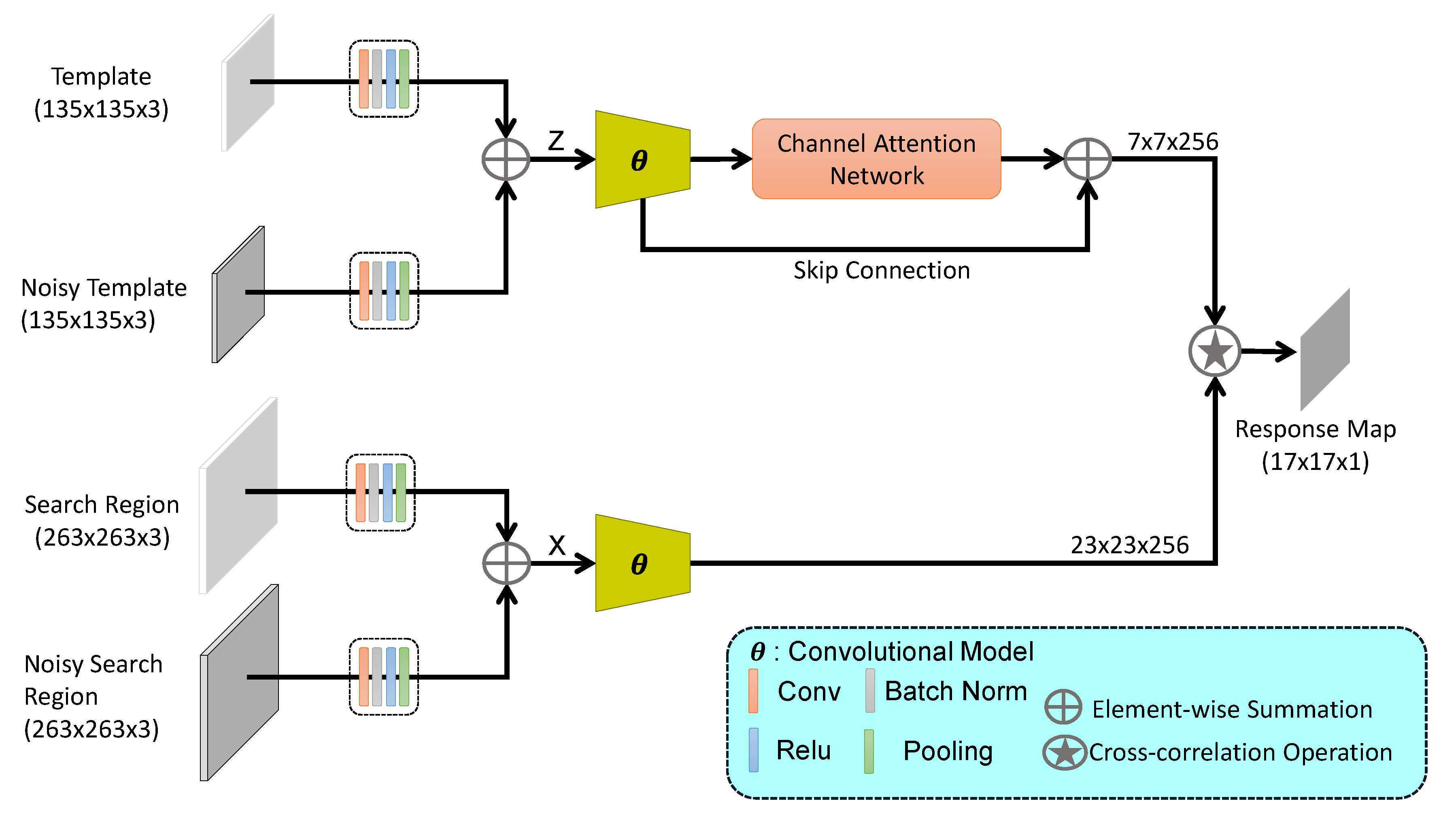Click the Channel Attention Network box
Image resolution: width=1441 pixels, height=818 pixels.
click(x=876, y=159)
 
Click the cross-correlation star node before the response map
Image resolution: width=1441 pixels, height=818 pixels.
click(x=1215, y=351)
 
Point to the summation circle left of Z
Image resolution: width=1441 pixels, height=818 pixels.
click(x=506, y=159)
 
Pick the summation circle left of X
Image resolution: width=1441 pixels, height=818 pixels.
click(x=506, y=563)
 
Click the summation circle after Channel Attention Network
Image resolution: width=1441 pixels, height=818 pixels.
click(x=1087, y=159)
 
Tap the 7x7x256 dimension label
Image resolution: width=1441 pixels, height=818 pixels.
click(x=1173, y=142)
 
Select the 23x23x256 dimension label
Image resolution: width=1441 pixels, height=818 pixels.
click(x=1129, y=545)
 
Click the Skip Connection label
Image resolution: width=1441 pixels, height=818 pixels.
click(x=882, y=270)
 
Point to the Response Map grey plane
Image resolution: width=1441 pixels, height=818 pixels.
click(x=1325, y=349)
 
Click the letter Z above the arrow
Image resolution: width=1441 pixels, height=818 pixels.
click(x=556, y=140)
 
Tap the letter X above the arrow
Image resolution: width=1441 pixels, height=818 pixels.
click(x=557, y=545)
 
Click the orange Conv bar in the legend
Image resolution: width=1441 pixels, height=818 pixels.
click(x=753, y=691)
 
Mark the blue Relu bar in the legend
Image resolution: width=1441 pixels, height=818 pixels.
click(x=753, y=750)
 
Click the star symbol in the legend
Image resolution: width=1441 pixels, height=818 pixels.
click(x=1064, y=752)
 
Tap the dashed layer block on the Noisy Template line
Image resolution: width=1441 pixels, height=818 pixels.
click(x=384, y=291)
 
